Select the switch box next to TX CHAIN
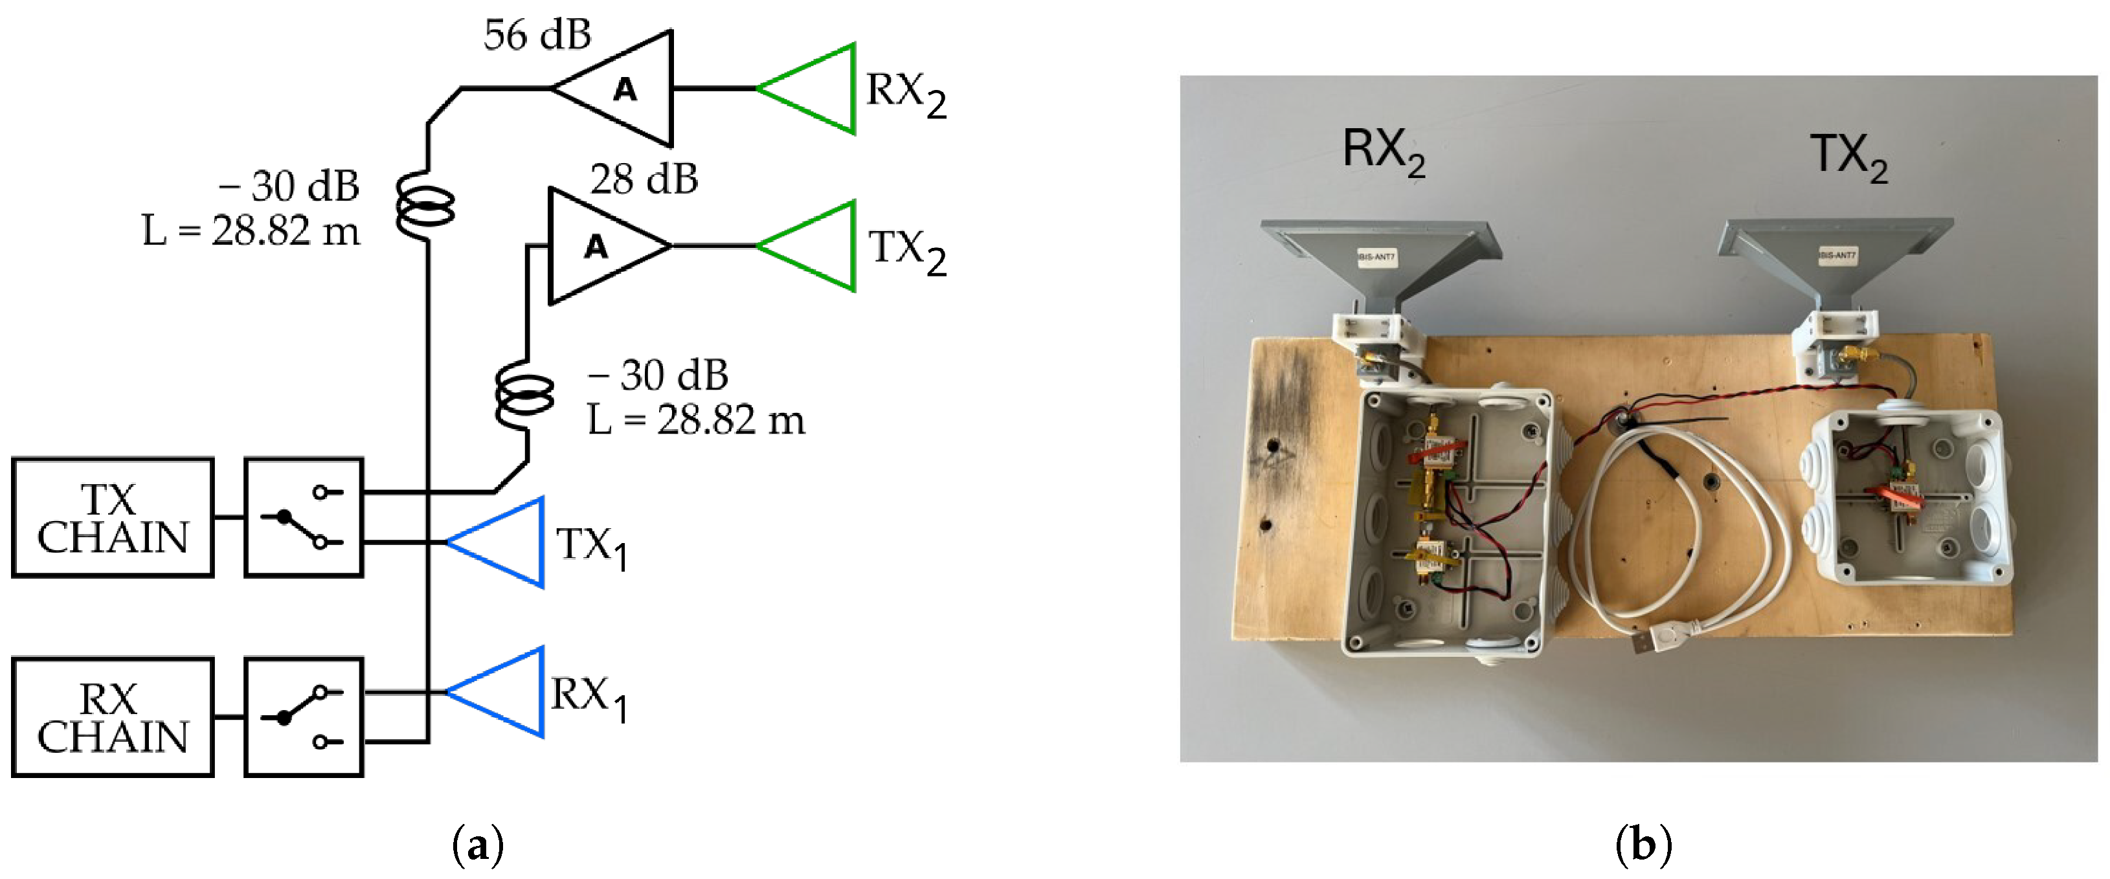pyautogui.click(x=303, y=518)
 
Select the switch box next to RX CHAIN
pyautogui.click(x=303, y=718)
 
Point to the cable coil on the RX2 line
pyautogui.click(x=425, y=205)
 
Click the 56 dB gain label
pyautogui.click(x=537, y=35)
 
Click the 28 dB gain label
pyautogui.click(x=644, y=179)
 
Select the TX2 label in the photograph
pyautogui.click(x=1848, y=155)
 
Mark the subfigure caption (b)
pyautogui.click(x=1643, y=844)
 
